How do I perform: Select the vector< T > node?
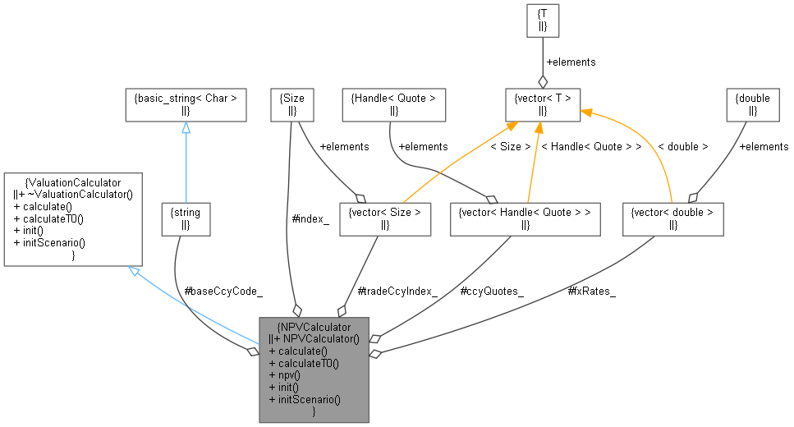(542, 104)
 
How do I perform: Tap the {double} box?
(752, 104)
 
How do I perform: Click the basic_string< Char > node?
(185, 104)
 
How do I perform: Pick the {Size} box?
(292, 104)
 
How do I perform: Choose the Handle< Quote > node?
(393, 104)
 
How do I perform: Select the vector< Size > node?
(384, 218)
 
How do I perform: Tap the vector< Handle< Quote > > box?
(526, 218)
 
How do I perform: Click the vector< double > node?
(672, 218)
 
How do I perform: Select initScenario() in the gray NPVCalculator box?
(304, 399)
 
